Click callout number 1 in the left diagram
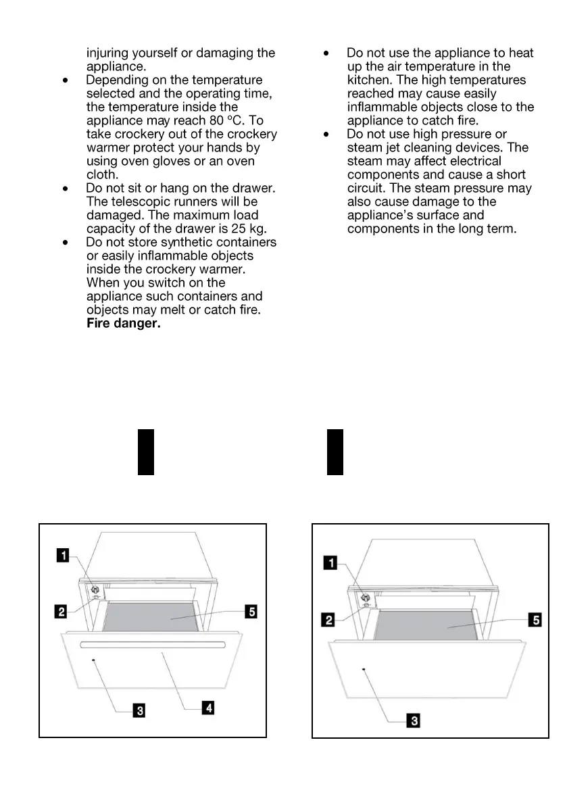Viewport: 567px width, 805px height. tap(62, 556)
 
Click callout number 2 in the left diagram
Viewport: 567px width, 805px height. tap(61, 612)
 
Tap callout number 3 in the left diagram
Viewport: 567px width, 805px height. tap(139, 710)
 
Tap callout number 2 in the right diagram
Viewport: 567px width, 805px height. tap(330, 619)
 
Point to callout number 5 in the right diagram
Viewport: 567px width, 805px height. tap(535, 619)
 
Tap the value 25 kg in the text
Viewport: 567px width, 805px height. tap(241, 228)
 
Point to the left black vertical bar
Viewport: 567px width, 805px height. tap(146, 452)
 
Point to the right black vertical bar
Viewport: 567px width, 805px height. tap(335, 452)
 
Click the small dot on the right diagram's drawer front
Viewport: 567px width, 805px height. tap(363, 669)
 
